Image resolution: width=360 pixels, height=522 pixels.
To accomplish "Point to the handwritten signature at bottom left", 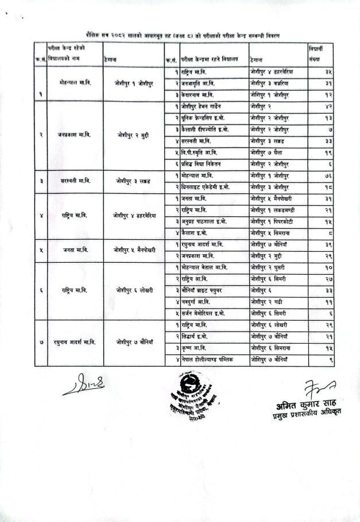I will click(84, 386).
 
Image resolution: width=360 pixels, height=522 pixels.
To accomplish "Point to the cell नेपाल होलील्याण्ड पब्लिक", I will click(207, 359).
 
